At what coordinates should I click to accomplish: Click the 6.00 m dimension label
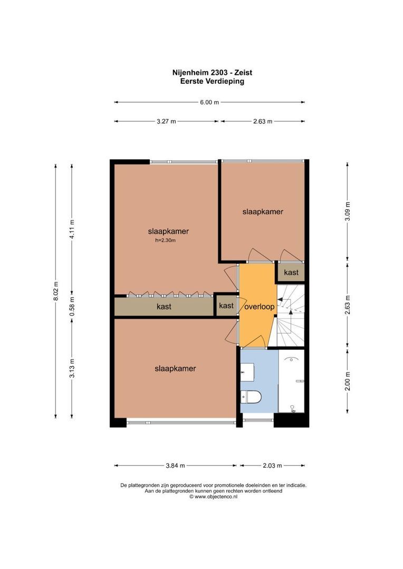coord(209,103)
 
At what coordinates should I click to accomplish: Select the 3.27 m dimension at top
coord(166,121)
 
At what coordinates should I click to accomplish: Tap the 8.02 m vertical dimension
coord(55,291)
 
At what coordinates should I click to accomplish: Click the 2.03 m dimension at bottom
coord(272,465)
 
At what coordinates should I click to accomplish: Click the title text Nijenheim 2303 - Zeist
coord(209,73)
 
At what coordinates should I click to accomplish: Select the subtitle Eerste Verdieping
coord(209,82)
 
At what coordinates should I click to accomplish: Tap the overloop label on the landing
coord(258,307)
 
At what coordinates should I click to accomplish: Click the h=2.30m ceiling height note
coord(165,241)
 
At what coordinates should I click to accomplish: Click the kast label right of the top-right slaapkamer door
coord(291,272)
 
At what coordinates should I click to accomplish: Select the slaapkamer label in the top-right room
coord(263,212)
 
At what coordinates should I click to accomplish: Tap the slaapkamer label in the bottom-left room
coord(175,369)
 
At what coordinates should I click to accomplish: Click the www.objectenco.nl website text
coord(213,496)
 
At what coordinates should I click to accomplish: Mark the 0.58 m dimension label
coord(72,307)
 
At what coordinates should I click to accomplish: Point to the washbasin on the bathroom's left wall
coord(245,372)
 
